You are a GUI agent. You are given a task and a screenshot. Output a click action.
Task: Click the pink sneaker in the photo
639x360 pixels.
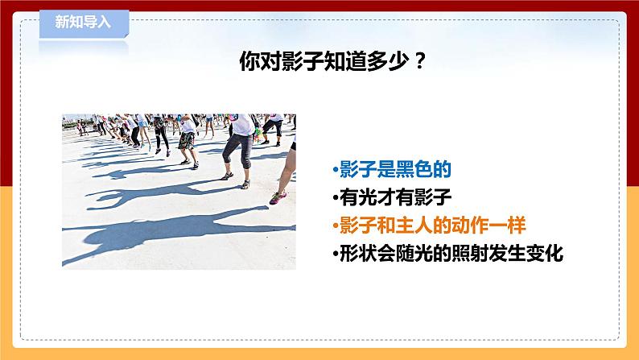point(277,197)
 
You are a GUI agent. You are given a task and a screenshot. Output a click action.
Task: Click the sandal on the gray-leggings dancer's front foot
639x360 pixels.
point(227,176)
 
